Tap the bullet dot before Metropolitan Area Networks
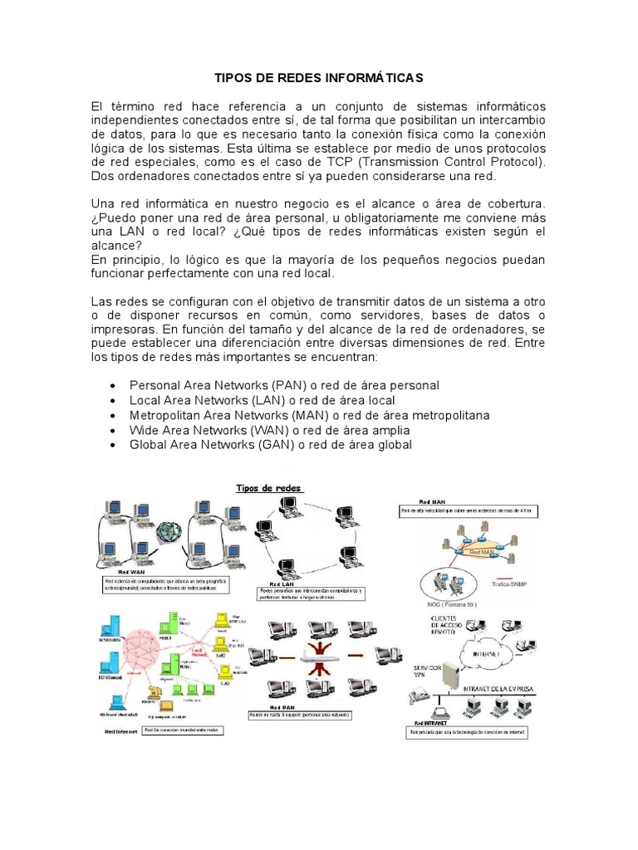click(x=113, y=416)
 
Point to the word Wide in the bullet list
click(x=144, y=431)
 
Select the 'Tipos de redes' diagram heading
click(x=271, y=488)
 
